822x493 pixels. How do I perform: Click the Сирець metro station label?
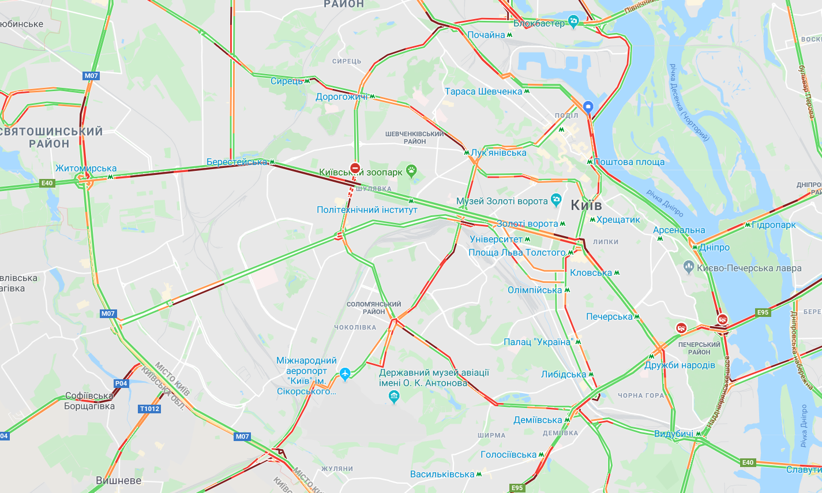click(287, 81)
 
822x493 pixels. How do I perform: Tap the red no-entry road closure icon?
click(355, 168)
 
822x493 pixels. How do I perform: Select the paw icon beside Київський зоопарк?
click(411, 170)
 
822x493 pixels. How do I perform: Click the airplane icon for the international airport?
click(345, 374)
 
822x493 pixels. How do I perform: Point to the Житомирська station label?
click(86, 169)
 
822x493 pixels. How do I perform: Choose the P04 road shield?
click(121, 383)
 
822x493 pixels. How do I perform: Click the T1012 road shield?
click(149, 409)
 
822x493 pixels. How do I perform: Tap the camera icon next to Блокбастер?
click(573, 22)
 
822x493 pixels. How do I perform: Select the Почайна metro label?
click(486, 35)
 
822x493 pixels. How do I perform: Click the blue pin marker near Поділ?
click(588, 107)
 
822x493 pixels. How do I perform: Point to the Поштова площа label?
click(629, 162)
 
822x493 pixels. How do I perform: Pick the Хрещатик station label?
click(618, 219)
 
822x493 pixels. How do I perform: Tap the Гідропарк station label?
click(774, 225)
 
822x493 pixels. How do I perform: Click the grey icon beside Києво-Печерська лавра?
click(688, 267)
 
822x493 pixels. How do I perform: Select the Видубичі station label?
click(674, 434)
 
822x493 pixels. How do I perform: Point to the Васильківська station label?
click(442, 474)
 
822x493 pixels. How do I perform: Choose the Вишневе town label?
click(119, 480)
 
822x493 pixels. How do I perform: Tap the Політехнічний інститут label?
click(367, 210)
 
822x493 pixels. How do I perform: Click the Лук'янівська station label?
click(498, 153)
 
